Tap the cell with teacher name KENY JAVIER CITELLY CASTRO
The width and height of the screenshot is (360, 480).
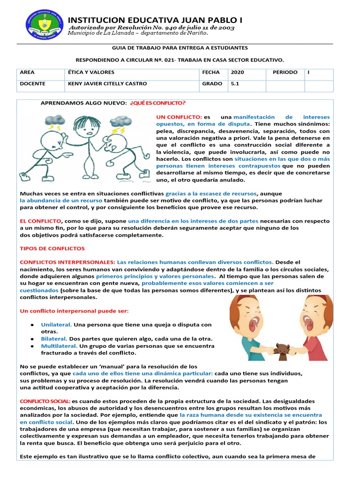(x=107, y=84)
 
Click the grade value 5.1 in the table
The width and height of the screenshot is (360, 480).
(x=235, y=84)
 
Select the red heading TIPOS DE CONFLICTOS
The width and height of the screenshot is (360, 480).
(x=52, y=248)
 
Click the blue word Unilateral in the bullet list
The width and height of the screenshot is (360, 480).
(x=56, y=324)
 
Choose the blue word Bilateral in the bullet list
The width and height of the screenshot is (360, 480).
(x=54, y=338)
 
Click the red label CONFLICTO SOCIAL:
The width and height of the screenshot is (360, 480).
(x=45, y=401)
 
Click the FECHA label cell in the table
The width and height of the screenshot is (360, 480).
(x=210, y=73)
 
